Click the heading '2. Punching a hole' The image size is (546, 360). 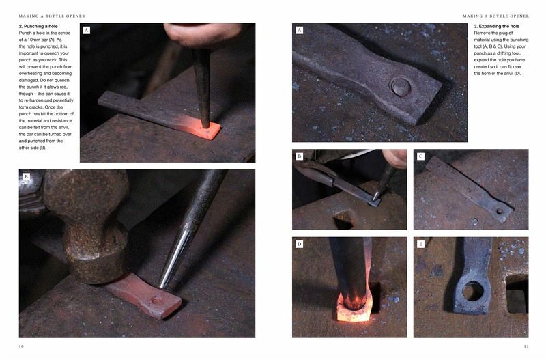point(38,26)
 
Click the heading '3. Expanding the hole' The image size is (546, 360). point(497,26)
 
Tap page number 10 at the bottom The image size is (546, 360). point(21,346)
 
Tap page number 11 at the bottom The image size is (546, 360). point(526,346)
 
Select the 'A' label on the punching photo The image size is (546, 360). point(87,30)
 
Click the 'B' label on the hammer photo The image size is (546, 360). point(26,177)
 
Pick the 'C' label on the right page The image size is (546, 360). point(420,156)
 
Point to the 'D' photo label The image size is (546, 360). point(299,244)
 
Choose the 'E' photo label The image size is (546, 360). point(420,244)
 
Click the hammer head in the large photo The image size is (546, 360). point(87,227)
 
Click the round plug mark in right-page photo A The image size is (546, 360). point(401,87)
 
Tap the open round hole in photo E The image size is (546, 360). point(472,291)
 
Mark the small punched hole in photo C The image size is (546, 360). point(500,211)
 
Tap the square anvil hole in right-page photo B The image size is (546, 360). point(344,219)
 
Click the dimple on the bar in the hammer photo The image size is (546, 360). point(156,301)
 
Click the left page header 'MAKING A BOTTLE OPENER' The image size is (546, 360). point(52,16)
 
